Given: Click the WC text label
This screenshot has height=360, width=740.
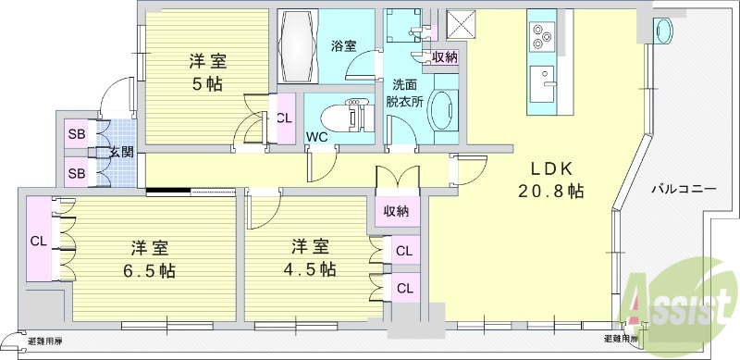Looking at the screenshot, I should (x=317, y=137).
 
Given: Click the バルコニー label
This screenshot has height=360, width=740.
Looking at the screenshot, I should (x=683, y=188).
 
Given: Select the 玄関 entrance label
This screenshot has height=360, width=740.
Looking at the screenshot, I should (x=121, y=153).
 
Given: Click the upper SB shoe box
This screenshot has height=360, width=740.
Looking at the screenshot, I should (x=76, y=134).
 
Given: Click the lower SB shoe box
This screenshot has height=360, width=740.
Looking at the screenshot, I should (x=76, y=172).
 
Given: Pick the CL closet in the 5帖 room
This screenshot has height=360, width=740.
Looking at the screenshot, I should (x=284, y=118).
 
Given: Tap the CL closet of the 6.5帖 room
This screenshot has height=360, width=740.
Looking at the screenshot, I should (x=39, y=240).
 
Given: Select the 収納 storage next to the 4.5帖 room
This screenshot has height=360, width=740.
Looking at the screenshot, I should (x=396, y=212).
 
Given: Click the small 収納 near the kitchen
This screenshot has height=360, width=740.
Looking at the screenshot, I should (x=444, y=57).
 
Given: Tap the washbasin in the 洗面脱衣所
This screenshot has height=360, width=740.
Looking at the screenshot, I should (x=443, y=112).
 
